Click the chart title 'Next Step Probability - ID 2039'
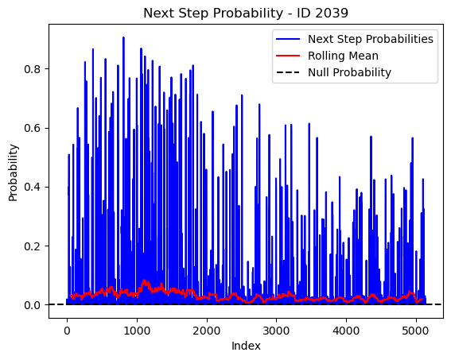point(246,14)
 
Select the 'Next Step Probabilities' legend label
point(371,39)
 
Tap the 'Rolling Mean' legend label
point(343,56)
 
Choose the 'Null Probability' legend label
point(349,72)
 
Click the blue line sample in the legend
point(288,39)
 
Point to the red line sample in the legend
point(288,56)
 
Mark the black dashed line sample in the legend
point(288,72)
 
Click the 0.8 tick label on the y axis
point(32,69)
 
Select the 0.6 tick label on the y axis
point(32,128)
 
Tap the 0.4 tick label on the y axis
point(32,187)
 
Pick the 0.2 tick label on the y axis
point(32,246)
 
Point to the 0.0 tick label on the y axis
point(32,305)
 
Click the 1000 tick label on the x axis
point(137,331)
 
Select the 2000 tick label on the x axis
point(207,331)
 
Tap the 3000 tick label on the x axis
point(277,331)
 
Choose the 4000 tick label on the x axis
point(346,331)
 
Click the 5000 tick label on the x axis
point(416,331)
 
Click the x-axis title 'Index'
point(246,346)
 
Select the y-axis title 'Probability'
point(14,172)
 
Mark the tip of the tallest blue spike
point(123,37)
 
